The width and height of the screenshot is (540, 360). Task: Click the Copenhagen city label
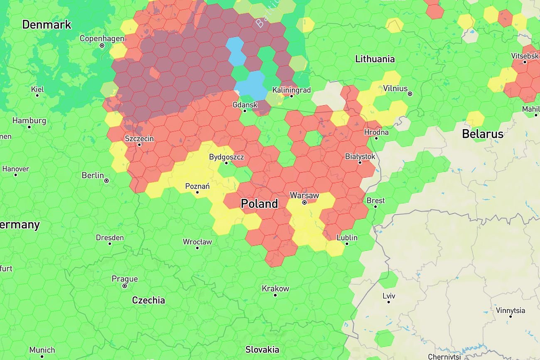pos(102,39)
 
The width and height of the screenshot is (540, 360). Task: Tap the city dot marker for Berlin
pos(106,181)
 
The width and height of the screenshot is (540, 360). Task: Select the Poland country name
pos(259,204)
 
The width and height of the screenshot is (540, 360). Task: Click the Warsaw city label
pos(304,195)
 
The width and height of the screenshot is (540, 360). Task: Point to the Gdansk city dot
pos(244,111)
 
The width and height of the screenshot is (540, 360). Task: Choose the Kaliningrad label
pos(291,90)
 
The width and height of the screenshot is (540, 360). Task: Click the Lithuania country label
pos(375,59)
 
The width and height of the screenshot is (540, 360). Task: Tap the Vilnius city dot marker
pos(410,94)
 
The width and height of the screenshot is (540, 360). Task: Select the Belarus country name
pos(482,134)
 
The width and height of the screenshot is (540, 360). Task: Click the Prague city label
pos(125,279)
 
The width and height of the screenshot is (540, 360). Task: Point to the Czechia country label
pos(148,300)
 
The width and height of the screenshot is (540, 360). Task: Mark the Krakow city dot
pos(275,295)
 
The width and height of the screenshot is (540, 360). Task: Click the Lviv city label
pos(389,296)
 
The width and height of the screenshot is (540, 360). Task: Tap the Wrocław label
pos(197,242)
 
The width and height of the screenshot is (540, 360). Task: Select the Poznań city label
pos(197,186)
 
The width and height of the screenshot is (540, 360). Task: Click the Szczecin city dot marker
pos(139,144)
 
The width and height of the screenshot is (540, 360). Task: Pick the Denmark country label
pos(47,25)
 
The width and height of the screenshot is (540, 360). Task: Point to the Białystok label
pos(360,157)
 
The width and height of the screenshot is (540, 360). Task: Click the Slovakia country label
pos(262,349)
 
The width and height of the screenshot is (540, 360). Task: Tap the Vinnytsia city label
pos(510,311)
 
